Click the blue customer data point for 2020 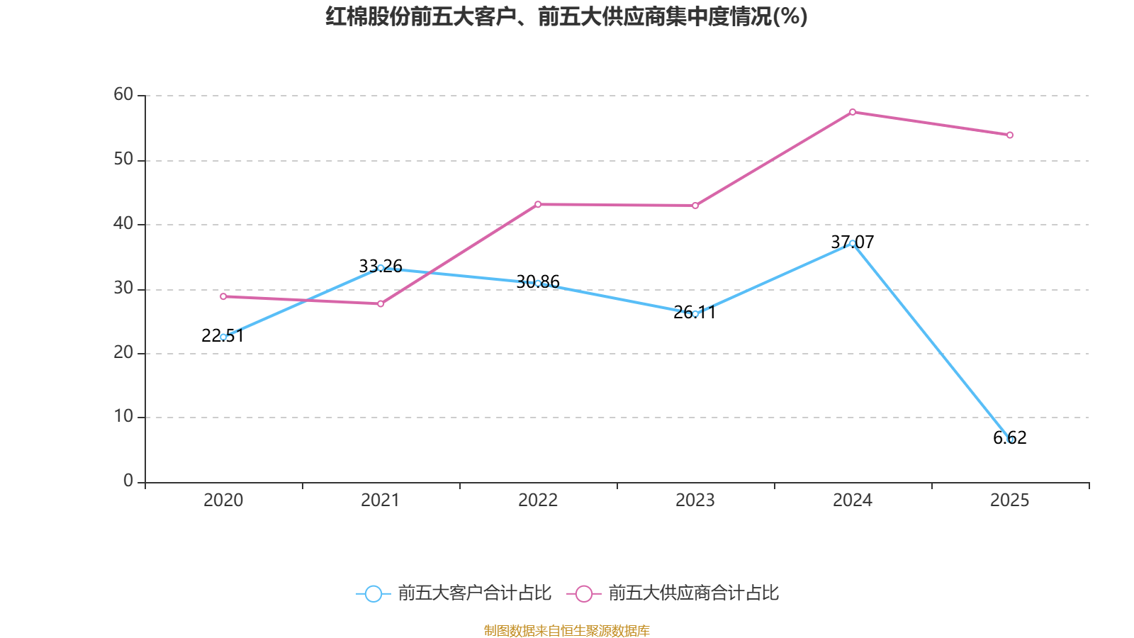point(223,337)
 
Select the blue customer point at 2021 point(381,268)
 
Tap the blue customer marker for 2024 point(852,243)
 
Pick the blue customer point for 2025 point(1010,440)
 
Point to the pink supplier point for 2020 point(223,296)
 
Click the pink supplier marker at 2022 point(538,204)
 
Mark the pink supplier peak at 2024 point(852,112)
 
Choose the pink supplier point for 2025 point(1010,135)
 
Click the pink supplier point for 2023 point(695,206)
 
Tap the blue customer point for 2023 point(695,313)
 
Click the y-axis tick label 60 point(123,94)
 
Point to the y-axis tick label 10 point(123,416)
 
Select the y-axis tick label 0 point(128,481)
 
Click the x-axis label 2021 point(381,500)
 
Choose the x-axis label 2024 point(852,500)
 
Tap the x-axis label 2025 point(1009,500)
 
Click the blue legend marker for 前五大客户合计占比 point(373,593)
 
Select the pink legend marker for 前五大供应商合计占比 point(583,593)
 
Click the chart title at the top point(566,16)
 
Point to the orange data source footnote point(566,630)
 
